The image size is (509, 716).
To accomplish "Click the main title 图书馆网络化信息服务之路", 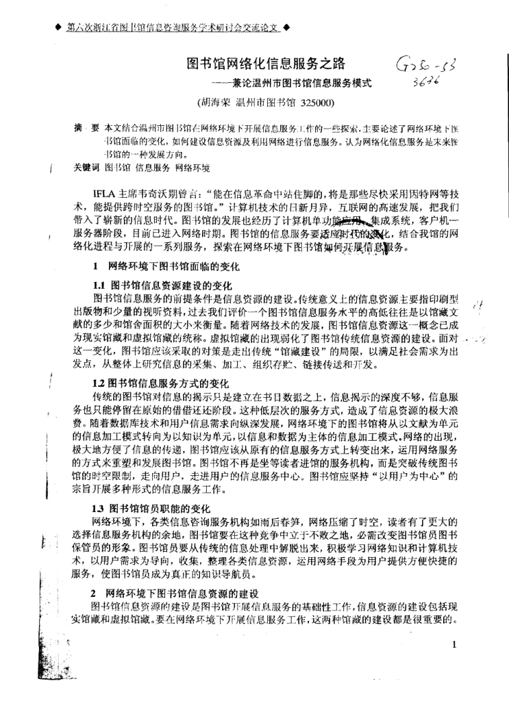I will [x=266, y=64].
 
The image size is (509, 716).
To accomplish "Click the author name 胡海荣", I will [x=214, y=104].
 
